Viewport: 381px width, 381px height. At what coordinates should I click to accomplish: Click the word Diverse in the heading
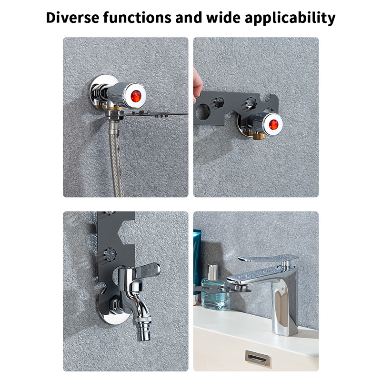click(x=73, y=18)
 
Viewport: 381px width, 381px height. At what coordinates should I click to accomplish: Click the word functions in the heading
click(x=137, y=18)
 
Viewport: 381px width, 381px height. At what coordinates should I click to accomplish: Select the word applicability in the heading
click(x=290, y=18)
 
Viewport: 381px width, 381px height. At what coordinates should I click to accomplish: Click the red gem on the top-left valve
click(x=136, y=96)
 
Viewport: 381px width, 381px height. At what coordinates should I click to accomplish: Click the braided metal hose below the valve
click(x=116, y=158)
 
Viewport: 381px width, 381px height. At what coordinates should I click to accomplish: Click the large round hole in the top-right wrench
click(x=203, y=112)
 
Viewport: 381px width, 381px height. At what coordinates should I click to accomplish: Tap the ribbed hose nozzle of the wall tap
click(x=142, y=328)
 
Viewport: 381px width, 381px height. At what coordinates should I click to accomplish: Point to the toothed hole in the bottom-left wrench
click(x=110, y=254)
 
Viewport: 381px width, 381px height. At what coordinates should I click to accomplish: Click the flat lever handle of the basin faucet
click(x=268, y=258)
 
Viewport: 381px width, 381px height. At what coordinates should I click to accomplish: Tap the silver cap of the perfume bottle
click(x=212, y=272)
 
